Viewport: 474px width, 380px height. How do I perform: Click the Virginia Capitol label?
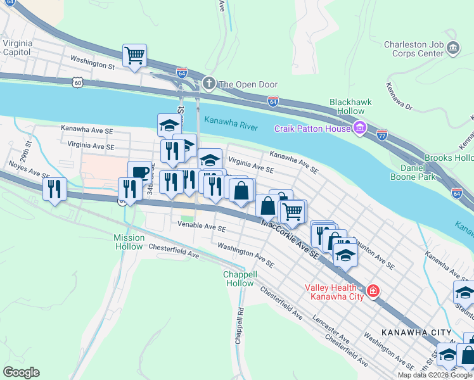pyautogui.click(x=18, y=48)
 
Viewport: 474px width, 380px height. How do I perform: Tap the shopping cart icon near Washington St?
pyautogui.click(x=134, y=55)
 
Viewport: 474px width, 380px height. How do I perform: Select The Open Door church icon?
pyautogui.click(x=209, y=84)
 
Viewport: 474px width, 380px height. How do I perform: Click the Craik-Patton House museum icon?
pyautogui.click(x=359, y=129)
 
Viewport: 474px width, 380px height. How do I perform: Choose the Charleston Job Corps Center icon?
pyautogui.click(x=453, y=48)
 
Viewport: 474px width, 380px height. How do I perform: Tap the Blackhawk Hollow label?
pyautogui.click(x=350, y=106)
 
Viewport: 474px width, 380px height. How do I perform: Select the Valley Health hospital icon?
pyautogui.click(x=373, y=291)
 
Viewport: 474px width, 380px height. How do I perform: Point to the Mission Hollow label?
pyautogui.click(x=129, y=242)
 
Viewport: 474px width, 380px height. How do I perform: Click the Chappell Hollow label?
pyautogui.click(x=240, y=279)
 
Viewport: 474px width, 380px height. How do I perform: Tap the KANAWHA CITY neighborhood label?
pyautogui.click(x=416, y=332)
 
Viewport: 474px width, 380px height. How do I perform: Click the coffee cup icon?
pyautogui.click(x=139, y=172)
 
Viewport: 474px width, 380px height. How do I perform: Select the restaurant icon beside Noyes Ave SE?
pyautogui.click(x=54, y=189)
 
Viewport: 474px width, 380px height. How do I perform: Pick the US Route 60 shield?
pyautogui.click(x=77, y=82)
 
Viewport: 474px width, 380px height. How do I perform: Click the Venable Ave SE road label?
pyautogui.click(x=202, y=225)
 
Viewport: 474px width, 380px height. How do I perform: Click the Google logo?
pyautogui.click(x=21, y=372)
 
